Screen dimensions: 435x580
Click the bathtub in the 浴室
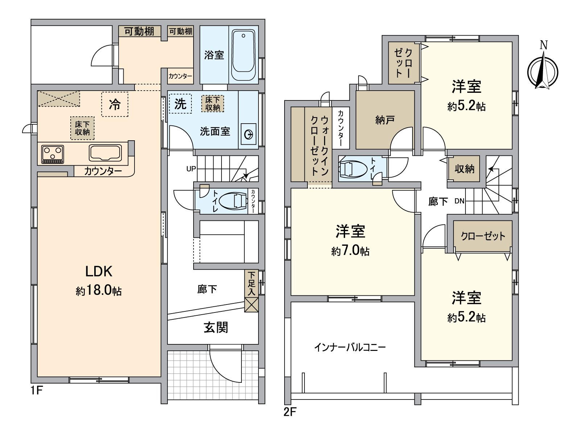(x=243, y=55)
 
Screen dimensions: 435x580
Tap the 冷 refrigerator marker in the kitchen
(x=115, y=105)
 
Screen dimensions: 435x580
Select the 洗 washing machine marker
(x=180, y=104)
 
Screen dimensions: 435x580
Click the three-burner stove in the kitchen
(x=53, y=153)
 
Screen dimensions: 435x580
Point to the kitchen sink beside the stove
(x=105, y=153)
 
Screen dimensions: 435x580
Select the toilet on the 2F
(x=351, y=169)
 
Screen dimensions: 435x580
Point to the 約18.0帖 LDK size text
(x=99, y=291)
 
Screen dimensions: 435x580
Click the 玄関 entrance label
(x=216, y=327)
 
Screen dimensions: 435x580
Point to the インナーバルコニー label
(x=350, y=348)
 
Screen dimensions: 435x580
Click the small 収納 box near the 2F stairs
(x=464, y=169)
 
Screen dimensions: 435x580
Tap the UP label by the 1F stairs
(x=191, y=169)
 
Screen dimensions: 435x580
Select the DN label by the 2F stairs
(x=459, y=201)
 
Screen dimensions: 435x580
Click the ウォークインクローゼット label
(x=320, y=145)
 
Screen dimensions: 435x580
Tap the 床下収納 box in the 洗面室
(x=212, y=103)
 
